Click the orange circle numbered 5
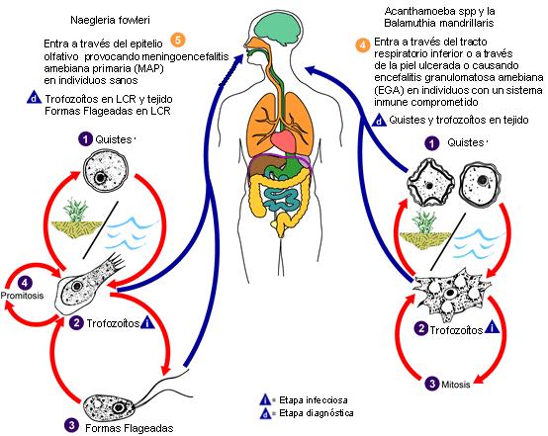[x=178, y=40]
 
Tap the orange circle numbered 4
[x=363, y=45]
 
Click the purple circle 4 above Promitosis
[x=25, y=283]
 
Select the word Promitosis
[x=22, y=296]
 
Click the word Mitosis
[x=456, y=385]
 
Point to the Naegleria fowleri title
[x=110, y=20]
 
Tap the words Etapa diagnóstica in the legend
[x=317, y=413]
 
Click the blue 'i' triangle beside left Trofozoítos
[x=147, y=323]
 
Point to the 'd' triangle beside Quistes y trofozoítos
[x=379, y=121]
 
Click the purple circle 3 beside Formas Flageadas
[x=71, y=425]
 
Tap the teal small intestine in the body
[x=281, y=200]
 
